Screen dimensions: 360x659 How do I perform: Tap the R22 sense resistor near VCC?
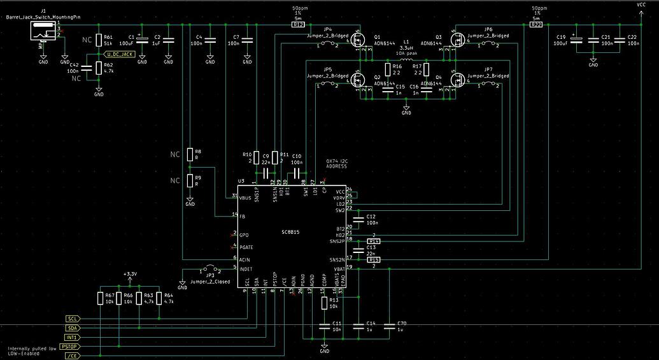[535, 25]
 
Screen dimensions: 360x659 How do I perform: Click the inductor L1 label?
[406, 41]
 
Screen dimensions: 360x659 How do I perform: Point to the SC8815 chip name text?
[290, 232]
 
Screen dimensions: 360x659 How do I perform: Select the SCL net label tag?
[73, 318]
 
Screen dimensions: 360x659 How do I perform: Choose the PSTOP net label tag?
[74, 347]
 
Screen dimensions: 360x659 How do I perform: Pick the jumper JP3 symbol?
[209, 268]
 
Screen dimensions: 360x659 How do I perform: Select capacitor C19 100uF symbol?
[577, 40]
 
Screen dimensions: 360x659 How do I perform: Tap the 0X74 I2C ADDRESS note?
[336, 163]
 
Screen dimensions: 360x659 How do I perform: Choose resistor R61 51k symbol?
[99, 40]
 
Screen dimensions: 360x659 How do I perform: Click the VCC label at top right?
[641, 4]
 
